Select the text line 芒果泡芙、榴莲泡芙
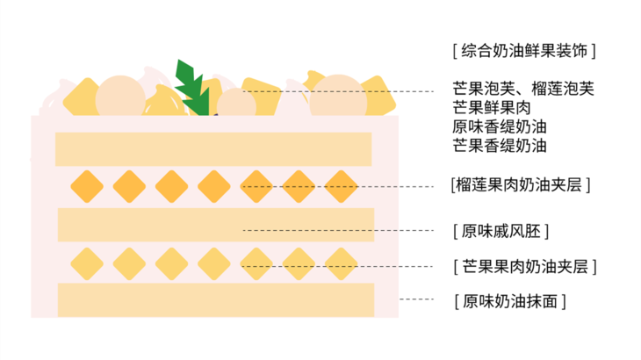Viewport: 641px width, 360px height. (x=523, y=88)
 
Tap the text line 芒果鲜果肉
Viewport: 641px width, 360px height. (x=492, y=107)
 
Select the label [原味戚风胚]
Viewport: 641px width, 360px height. (x=501, y=231)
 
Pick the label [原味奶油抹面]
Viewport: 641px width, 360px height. (x=509, y=300)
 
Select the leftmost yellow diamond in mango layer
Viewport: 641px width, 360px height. (x=87, y=263)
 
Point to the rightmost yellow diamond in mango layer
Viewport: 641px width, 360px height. (x=341, y=263)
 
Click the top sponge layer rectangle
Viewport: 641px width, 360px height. (x=213, y=149)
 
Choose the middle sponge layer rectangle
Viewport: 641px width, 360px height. (x=215, y=225)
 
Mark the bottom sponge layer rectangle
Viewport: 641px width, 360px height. (x=215, y=300)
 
